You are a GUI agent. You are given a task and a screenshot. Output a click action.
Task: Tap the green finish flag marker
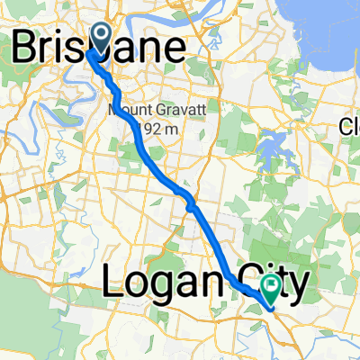click(271, 287)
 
